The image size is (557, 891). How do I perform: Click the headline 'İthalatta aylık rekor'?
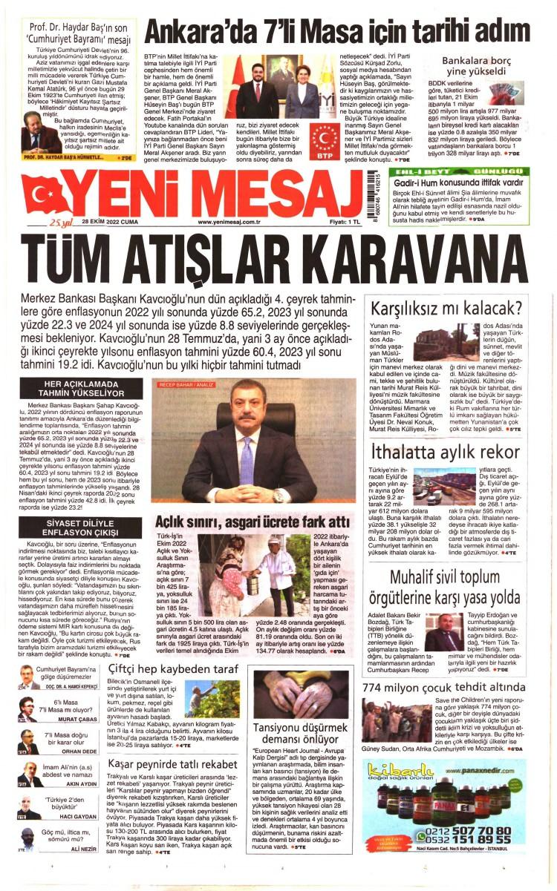446,452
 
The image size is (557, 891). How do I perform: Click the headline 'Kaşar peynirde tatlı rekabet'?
172,763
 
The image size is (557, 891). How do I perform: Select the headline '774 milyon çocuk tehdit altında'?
444,687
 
